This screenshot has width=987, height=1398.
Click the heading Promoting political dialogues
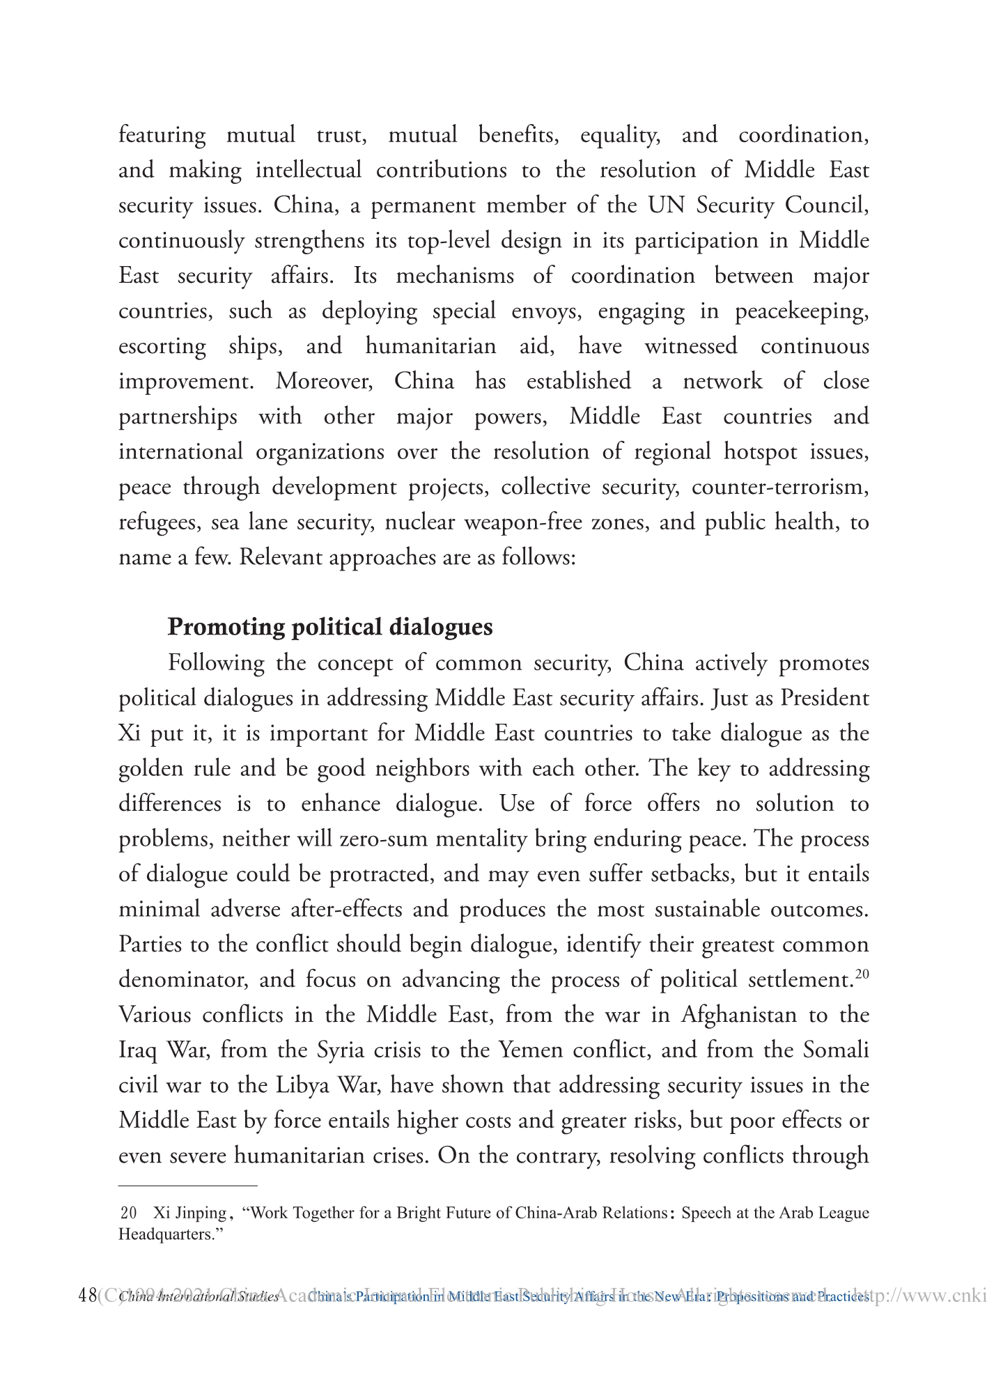[329, 627]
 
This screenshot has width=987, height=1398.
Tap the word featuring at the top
[162, 134]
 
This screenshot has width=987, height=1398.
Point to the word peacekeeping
[802, 311]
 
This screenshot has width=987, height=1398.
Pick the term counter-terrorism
[779, 487]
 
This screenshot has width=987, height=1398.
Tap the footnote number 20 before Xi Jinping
[128, 1213]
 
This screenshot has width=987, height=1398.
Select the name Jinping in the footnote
[201, 1213]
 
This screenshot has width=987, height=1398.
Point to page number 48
[88, 1296]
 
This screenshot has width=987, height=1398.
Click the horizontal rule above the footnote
[188, 1185]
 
